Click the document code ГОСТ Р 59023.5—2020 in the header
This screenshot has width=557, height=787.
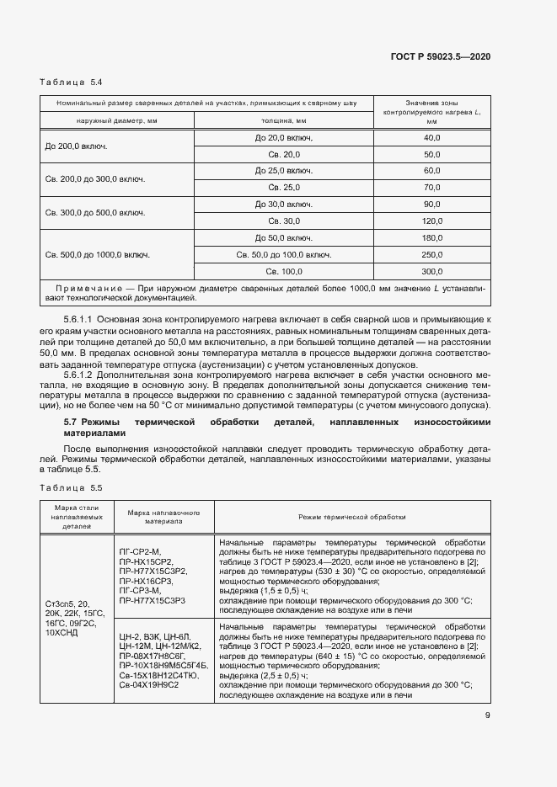pyautogui.click(x=441, y=56)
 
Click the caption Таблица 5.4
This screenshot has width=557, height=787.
pyautogui.click(x=72, y=82)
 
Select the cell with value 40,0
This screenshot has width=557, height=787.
pyautogui.click(x=432, y=137)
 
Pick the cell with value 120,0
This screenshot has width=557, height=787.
pyautogui.click(x=432, y=221)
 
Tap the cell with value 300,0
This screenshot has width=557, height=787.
pyautogui.click(x=432, y=271)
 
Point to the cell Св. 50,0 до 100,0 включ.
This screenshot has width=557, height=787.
pyautogui.click(x=283, y=254)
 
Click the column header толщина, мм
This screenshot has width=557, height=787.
pyautogui.click(x=283, y=121)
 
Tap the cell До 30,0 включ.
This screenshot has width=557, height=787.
pyautogui.click(x=283, y=205)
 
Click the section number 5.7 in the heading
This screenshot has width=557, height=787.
pyautogui.click(x=71, y=421)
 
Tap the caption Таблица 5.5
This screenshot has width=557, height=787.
pyautogui.click(x=72, y=488)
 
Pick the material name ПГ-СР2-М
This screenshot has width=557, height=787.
pyautogui.click(x=142, y=550)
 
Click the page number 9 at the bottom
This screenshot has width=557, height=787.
pyautogui.click(x=488, y=716)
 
